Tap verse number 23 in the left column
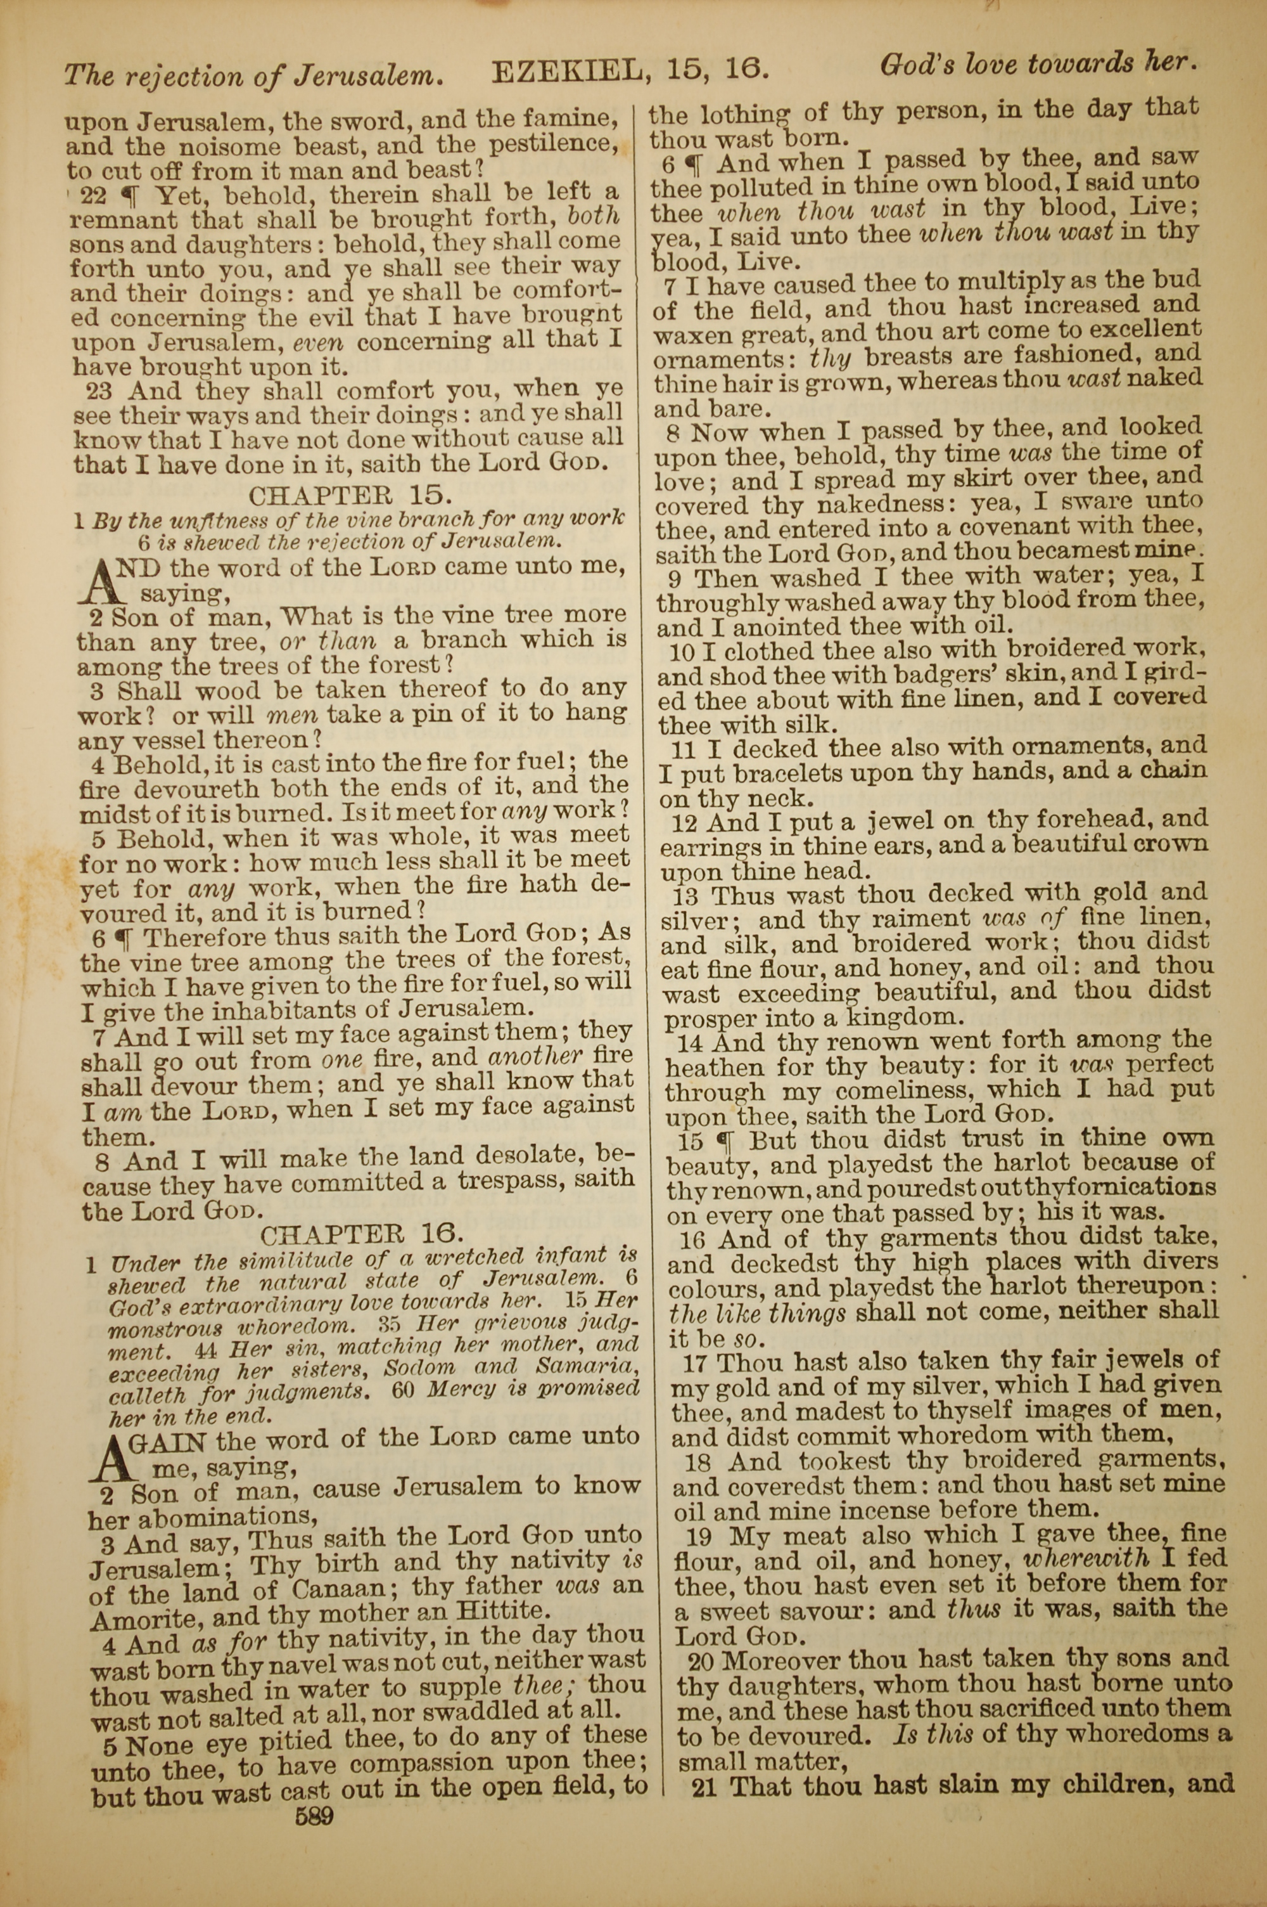pyautogui.click(x=99, y=392)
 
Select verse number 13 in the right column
pyautogui.click(x=685, y=896)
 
